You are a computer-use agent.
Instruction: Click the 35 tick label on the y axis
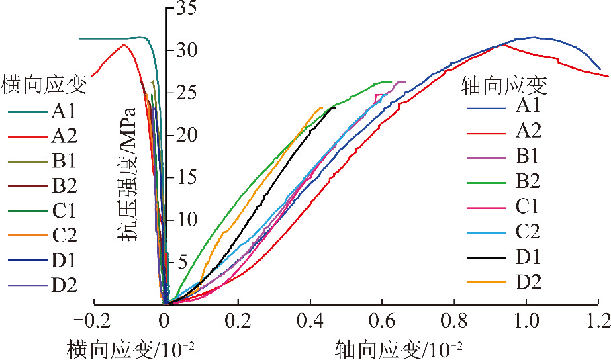click(186, 8)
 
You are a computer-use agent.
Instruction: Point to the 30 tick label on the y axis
click(186, 50)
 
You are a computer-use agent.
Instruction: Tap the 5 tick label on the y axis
click(181, 262)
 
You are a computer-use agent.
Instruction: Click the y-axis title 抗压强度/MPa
click(127, 173)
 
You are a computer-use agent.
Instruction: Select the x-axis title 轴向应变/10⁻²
click(399, 347)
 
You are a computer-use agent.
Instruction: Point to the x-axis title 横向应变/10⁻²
click(132, 347)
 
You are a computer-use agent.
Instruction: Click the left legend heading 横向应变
click(44, 85)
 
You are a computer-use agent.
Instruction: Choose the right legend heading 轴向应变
click(504, 86)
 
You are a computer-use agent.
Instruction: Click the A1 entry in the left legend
click(64, 111)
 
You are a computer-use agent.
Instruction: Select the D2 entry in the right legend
click(528, 282)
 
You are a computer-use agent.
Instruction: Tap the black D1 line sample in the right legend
click(487, 257)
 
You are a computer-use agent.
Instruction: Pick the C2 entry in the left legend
click(64, 236)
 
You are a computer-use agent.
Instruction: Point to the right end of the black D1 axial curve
click(336, 107)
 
